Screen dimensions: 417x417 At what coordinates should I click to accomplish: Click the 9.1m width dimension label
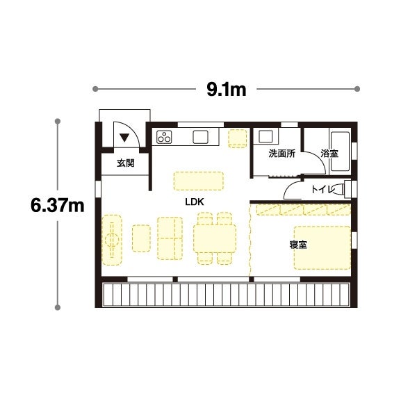pyautogui.click(x=227, y=90)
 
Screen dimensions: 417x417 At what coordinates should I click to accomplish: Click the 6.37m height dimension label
pyautogui.click(x=58, y=205)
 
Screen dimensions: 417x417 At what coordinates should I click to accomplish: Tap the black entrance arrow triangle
pyautogui.click(x=124, y=138)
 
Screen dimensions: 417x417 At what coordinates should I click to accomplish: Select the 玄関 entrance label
pyautogui.click(x=126, y=163)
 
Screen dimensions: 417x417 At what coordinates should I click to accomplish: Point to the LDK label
pyautogui.click(x=195, y=202)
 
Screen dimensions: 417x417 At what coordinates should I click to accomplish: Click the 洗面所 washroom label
pyautogui.click(x=281, y=154)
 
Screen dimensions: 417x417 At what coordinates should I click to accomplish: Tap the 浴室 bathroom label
pyautogui.click(x=329, y=154)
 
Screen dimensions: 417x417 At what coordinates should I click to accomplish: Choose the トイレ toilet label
pyautogui.click(x=322, y=189)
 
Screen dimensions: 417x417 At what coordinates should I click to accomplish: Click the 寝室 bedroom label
pyautogui.click(x=298, y=245)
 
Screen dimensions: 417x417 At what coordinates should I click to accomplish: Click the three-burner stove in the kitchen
pyautogui.click(x=164, y=137)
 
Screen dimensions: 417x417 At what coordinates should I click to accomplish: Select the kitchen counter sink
pyautogui.click(x=201, y=137)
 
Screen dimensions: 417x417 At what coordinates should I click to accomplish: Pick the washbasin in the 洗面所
pyautogui.click(x=265, y=136)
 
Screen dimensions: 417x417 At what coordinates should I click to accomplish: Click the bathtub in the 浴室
pyautogui.click(x=340, y=152)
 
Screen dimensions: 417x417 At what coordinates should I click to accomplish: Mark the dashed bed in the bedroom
pyautogui.click(x=322, y=247)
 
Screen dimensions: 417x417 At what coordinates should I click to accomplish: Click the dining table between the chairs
pyautogui.click(x=215, y=238)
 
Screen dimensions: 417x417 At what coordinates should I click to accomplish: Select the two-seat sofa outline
pyautogui.click(x=170, y=238)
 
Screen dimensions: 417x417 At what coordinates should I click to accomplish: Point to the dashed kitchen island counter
pyautogui.click(x=199, y=181)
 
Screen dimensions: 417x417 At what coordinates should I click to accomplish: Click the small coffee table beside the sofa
pyautogui.click(x=141, y=238)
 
